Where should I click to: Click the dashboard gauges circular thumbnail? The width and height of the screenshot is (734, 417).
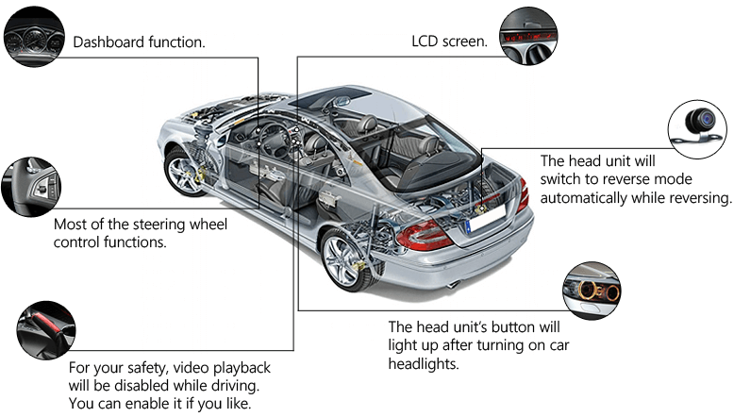pyautogui.click(x=34, y=37)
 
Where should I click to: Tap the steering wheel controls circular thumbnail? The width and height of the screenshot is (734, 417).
pyautogui.click(x=31, y=187)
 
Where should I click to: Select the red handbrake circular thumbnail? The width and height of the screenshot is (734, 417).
pyautogui.click(x=46, y=330)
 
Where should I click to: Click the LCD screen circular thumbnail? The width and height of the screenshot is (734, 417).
pyautogui.click(x=528, y=36)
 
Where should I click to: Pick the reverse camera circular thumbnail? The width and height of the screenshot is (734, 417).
pyautogui.click(x=697, y=129)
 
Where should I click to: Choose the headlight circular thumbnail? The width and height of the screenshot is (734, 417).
pyautogui.click(x=592, y=291)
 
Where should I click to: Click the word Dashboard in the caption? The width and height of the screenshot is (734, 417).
pyautogui.click(x=108, y=42)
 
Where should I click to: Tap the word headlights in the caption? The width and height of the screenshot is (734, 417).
pyautogui.click(x=424, y=363)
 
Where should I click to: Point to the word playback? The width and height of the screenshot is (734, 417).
pyautogui.click(x=242, y=368)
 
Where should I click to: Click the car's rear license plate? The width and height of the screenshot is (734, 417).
pyautogui.click(x=487, y=218)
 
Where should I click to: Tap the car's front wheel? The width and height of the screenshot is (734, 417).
pyautogui.click(x=184, y=172)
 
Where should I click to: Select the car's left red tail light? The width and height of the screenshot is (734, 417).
pyautogui.click(x=423, y=236)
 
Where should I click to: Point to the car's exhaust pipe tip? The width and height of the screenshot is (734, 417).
pyautogui.click(x=453, y=285)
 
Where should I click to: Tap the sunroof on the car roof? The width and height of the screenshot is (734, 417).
pyautogui.click(x=329, y=97)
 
